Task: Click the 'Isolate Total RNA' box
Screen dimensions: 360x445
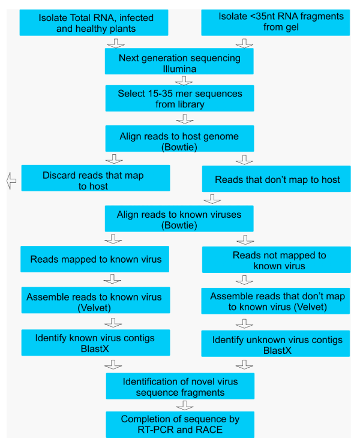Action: [x=94, y=23]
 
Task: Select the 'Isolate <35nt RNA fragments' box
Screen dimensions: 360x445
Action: [x=275, y=23]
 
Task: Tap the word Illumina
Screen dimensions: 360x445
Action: [x=179, y=69]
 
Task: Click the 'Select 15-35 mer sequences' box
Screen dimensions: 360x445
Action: [x=180, y=98]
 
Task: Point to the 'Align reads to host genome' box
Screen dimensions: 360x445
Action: [x=180, y=139]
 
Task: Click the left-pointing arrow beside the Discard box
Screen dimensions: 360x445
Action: [x=11, y=181]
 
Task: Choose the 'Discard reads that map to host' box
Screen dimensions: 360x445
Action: [x=95, y=178]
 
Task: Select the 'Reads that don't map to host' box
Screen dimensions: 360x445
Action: [x=276, y=179]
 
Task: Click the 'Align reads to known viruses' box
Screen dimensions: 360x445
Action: [x=179, y=218]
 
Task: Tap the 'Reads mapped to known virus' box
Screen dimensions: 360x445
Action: [x=95, y=259]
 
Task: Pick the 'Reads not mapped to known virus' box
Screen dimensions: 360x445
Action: [x=276, y=260]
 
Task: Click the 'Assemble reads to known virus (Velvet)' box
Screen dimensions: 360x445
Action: [x=95, y=300]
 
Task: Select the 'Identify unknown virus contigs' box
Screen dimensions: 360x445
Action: [x=275, y=344]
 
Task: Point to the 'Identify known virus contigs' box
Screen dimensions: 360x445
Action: [x=95, y=342]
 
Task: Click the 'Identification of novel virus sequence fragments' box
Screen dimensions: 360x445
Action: [x=180, y=386]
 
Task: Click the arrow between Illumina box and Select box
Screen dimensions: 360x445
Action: [x=184, y=80]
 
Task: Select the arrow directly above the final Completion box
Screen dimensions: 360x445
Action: [x=185, y=405]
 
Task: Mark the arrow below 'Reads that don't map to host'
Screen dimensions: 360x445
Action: [x=212, y=199]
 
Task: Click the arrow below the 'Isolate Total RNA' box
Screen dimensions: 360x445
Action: [x=116, y=43]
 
